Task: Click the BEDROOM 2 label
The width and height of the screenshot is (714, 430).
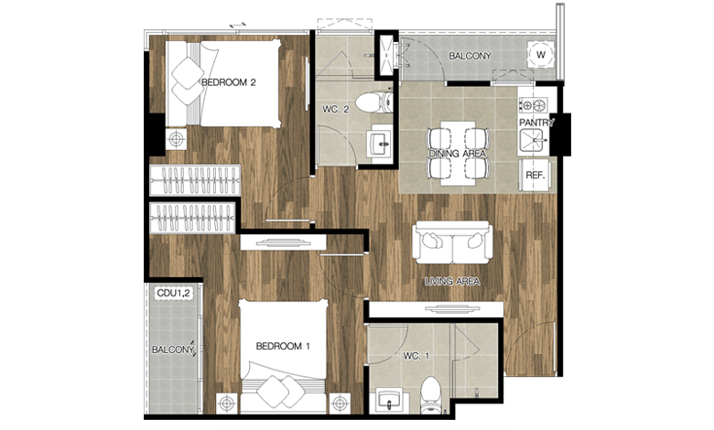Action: click(x=228, y=82)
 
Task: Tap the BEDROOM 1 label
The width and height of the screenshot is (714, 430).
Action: click(x=283, y=346)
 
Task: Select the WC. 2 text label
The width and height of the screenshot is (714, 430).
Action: click(x=336, y=110)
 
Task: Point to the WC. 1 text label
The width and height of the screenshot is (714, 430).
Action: click(x=416, y=356)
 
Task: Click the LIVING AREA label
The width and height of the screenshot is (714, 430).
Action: click(x=452, y=282)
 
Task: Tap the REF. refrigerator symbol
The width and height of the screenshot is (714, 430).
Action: click(x=535, y=175)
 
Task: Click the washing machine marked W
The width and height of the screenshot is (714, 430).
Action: click(x=540, y=55)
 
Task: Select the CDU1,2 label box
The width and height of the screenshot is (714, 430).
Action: click(x=173, y=294)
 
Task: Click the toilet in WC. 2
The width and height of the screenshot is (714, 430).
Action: click(x=373, y=102)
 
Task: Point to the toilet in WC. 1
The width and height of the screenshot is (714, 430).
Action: click(x=431, y=395)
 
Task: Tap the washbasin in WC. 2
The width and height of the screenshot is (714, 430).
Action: click(x=380, y=144)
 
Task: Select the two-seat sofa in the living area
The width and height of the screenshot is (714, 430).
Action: click(x=452, y=242)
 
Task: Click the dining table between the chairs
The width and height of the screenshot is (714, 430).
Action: click(x=458, y=154)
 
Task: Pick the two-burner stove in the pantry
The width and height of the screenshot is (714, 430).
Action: click(x=534, y=105)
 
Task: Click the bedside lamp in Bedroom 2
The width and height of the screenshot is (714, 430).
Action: click(x=177, y=139)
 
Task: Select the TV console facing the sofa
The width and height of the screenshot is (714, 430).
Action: click(x=437, y=309)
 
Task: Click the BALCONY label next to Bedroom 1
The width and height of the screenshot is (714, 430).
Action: click(x=173, y=349)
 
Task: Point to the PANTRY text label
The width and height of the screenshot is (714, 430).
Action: click(x=536, y=123)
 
